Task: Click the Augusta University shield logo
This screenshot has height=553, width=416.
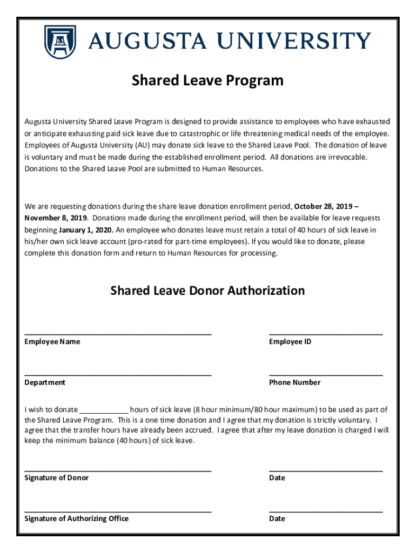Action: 60,42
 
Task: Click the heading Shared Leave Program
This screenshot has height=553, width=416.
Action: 207,80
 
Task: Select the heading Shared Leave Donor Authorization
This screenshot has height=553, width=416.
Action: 207,291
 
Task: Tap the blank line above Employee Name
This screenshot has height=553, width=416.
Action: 118,334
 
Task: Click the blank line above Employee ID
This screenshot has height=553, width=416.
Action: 325,334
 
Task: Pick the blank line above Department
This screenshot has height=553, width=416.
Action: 118,374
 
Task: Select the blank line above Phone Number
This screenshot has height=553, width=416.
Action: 325,374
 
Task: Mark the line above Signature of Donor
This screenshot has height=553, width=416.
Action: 118,470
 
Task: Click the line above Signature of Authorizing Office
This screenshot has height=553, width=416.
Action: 118,510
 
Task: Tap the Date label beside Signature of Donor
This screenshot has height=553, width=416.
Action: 277,478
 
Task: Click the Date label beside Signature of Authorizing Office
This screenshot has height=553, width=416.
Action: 277,518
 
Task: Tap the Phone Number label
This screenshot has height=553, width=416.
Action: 294,382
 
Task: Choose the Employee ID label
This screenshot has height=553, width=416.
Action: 290,342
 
